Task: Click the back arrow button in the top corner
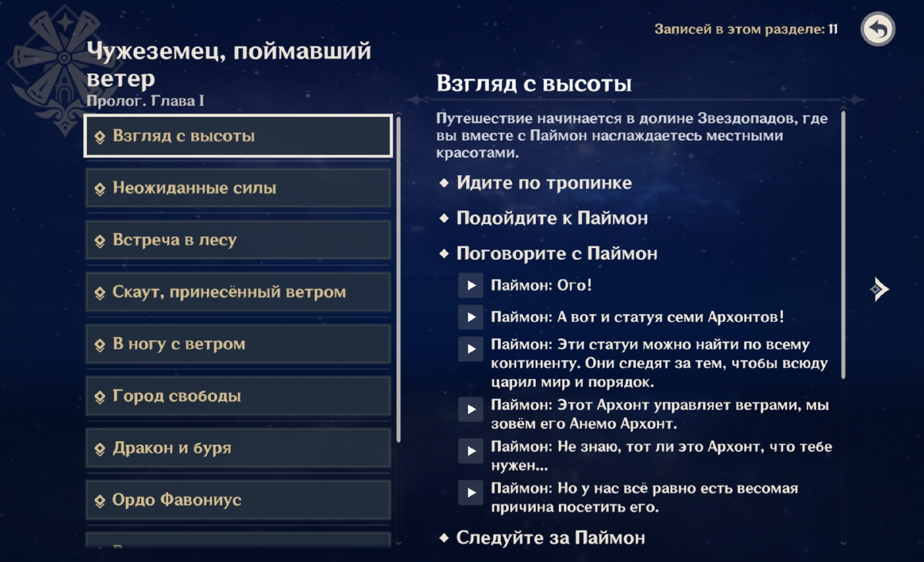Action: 878,30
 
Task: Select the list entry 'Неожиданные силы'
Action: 238,189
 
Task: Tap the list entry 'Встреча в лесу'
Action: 238,240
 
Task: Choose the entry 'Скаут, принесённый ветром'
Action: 238,293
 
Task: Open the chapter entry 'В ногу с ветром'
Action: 238,344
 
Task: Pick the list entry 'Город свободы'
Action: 238,396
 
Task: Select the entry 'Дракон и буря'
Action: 238,448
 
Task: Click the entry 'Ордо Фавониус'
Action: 238,500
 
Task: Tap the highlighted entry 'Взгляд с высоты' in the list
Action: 238,136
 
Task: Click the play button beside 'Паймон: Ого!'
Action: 470,286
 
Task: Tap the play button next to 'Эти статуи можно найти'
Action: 470,349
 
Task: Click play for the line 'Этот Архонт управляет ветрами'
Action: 470,409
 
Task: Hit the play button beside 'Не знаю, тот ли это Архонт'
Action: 470,450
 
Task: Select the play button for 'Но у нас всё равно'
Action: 470,491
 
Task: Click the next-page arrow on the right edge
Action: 879,289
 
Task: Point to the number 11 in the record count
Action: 832,30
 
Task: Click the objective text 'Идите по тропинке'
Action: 544,183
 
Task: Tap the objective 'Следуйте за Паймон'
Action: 550,537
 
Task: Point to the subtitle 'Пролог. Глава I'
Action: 146,101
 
